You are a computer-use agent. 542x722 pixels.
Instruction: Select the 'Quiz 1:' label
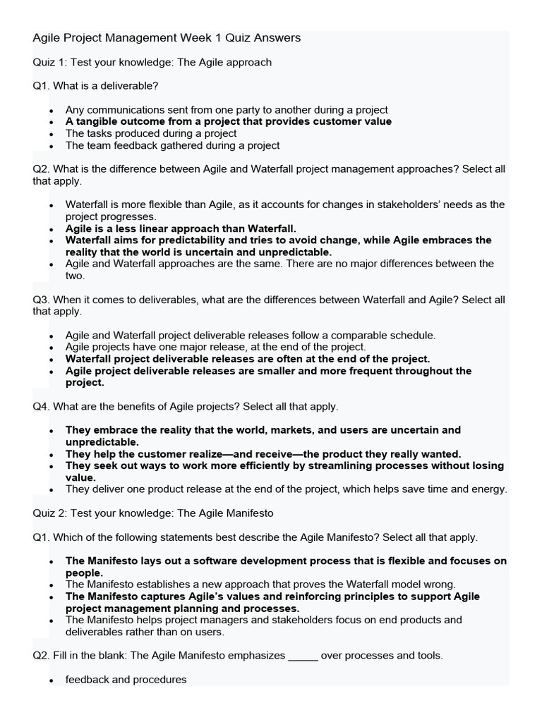tap(49, 62)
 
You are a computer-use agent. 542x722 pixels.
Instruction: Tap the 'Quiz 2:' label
tap(49, 513)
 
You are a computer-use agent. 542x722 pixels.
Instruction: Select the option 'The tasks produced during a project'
tap(151, 133)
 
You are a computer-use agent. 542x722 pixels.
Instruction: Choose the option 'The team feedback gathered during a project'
tap(172, 145)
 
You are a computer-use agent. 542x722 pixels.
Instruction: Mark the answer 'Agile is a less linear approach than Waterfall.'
tap(181, 228)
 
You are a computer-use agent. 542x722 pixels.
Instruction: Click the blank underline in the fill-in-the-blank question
tap(303, 656)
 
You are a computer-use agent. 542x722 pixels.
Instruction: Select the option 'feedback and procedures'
tap(126, 680)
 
